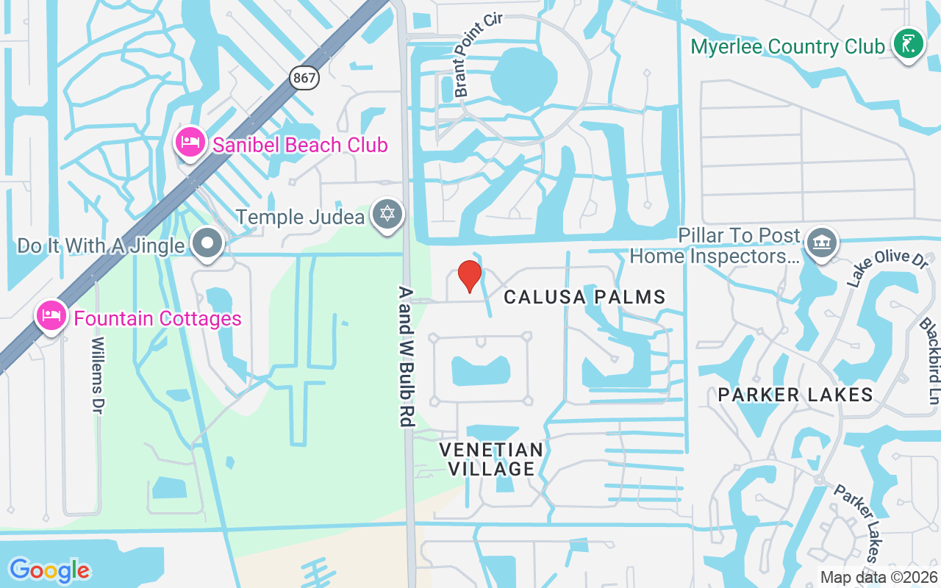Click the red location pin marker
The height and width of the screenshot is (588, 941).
click(x=470, y=276)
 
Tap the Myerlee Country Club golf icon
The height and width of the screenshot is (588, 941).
click(x=909, y=45)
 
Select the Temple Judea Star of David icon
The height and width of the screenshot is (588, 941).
click(x=387, y=215)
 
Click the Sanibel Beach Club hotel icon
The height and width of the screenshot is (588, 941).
click(x=191, y=143)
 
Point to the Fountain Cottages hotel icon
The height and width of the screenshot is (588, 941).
click(x=51, y=316)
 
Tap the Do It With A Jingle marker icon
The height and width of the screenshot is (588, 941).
click(x=207, y=243)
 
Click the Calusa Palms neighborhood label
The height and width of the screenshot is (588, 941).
click(x=584, y=297)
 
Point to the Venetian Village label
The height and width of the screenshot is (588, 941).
click(x=491, y=459)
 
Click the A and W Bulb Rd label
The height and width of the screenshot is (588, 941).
click(x=406, y=356)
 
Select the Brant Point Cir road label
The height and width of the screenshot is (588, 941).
click(x=476, y=55)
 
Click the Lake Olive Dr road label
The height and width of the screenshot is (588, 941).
click(x=878, y=268)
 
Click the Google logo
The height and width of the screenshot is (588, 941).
click(x=49, y=570)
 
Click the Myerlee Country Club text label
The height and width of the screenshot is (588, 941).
click(x=788, y=47)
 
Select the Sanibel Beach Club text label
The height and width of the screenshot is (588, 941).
click(x=300, y=145)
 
